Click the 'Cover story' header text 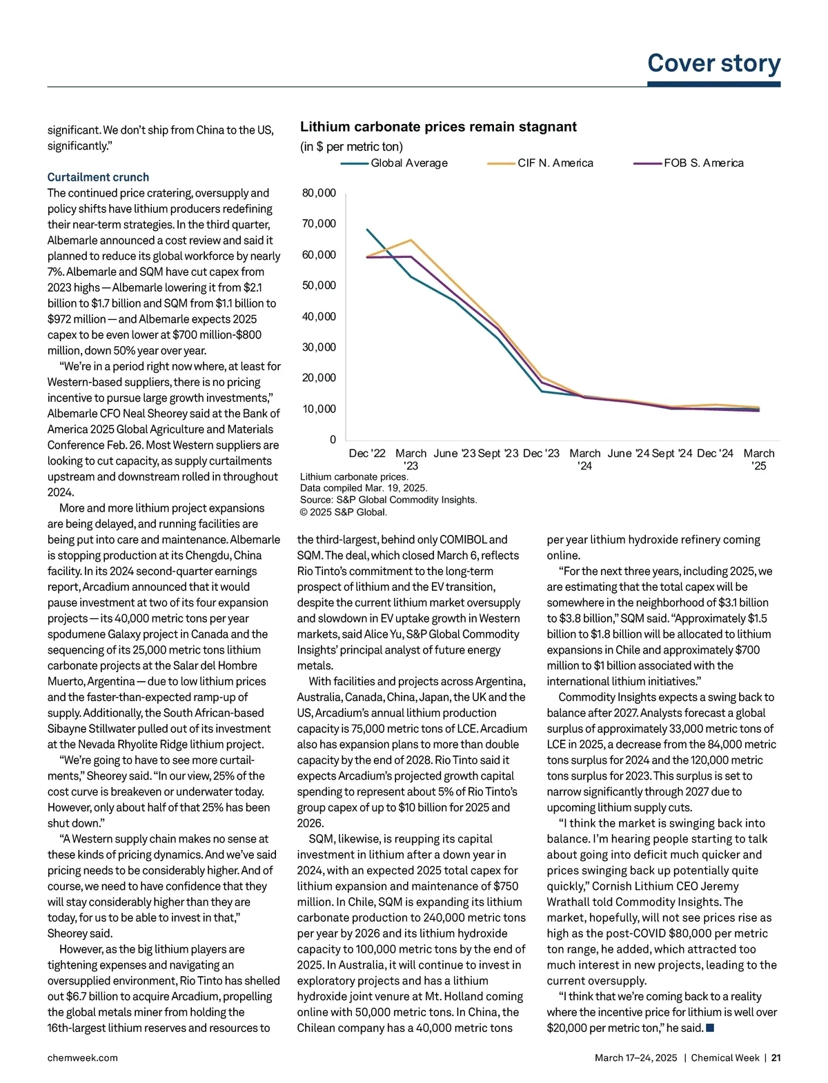tap(713, 63)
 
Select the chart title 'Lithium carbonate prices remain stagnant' tap(438, 127)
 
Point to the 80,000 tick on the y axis tap(319, 193)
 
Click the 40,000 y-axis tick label tap(319, 316)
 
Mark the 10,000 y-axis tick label tap(319, 409)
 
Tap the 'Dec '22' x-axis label tap(367, 454)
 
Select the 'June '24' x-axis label tap(628, 454)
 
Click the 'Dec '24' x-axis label tap(715, 454)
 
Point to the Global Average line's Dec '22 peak tap(367, 230)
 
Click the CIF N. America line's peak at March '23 tap(411, 240)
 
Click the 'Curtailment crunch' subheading tap(98, 177)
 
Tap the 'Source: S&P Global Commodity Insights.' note tap(388, 500)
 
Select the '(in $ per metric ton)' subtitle tap(351, 147)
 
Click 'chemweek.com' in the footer tap(82, 1057)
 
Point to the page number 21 tap(776, 1057)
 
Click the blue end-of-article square tap(710, 1028)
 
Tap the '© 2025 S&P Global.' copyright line tap(344, 512)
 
